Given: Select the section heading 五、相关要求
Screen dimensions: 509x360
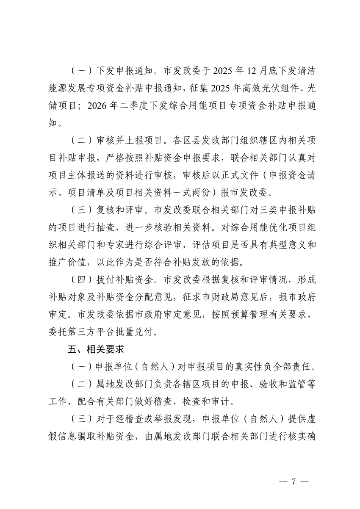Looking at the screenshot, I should pyautogui.click(x=95, y=350).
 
